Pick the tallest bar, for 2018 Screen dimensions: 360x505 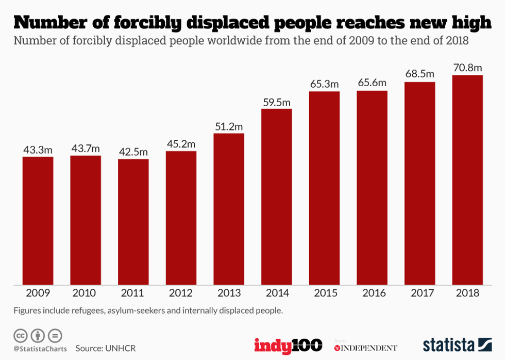(x=467, y=180)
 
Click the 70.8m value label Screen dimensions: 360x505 (x=467, y=68)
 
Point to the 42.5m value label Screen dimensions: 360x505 (x=133, y=152)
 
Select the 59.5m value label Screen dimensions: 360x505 (x=277, y=102)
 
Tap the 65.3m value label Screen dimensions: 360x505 (x=324, y=84)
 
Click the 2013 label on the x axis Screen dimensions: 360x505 (x=229, y=293)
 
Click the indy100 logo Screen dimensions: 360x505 (x=288, y=345)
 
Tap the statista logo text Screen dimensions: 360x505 (x=448, y=345)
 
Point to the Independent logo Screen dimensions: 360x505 (x=366, y=348)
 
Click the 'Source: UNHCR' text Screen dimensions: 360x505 (x=106, y=348)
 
